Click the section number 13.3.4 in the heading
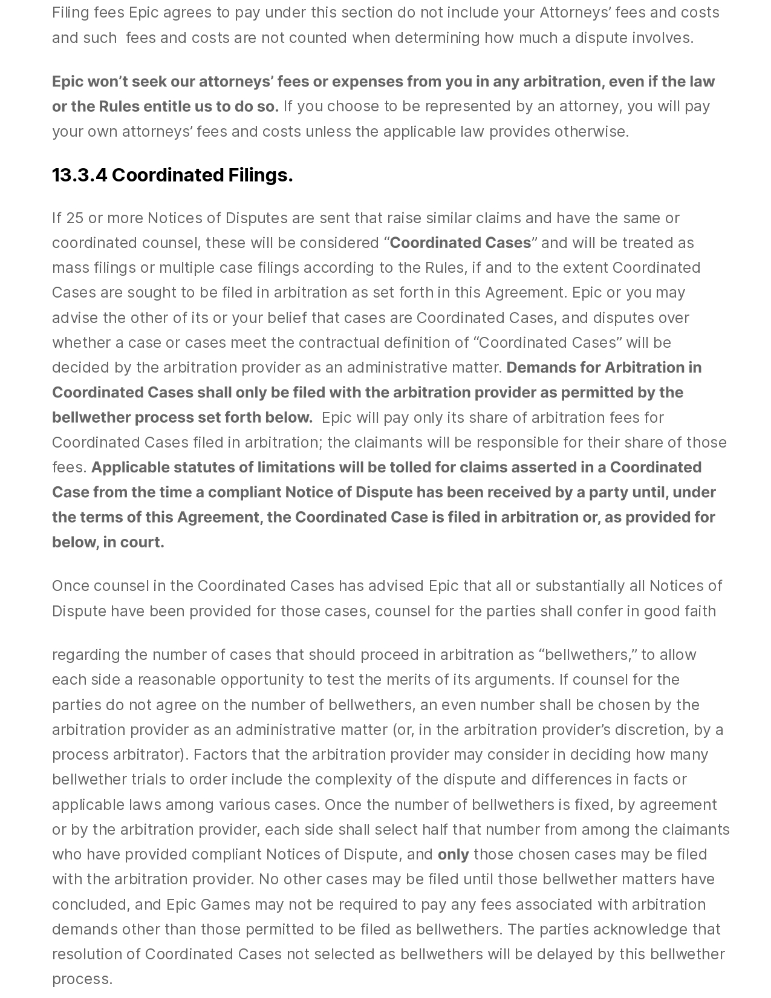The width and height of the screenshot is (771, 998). tap(79, 175)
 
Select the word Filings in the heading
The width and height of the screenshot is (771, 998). tap(260, 175)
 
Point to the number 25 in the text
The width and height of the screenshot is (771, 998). tap(74, 218)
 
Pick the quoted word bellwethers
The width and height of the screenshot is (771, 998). tap(587, 655)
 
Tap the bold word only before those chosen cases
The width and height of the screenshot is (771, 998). tap(453, 855)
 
